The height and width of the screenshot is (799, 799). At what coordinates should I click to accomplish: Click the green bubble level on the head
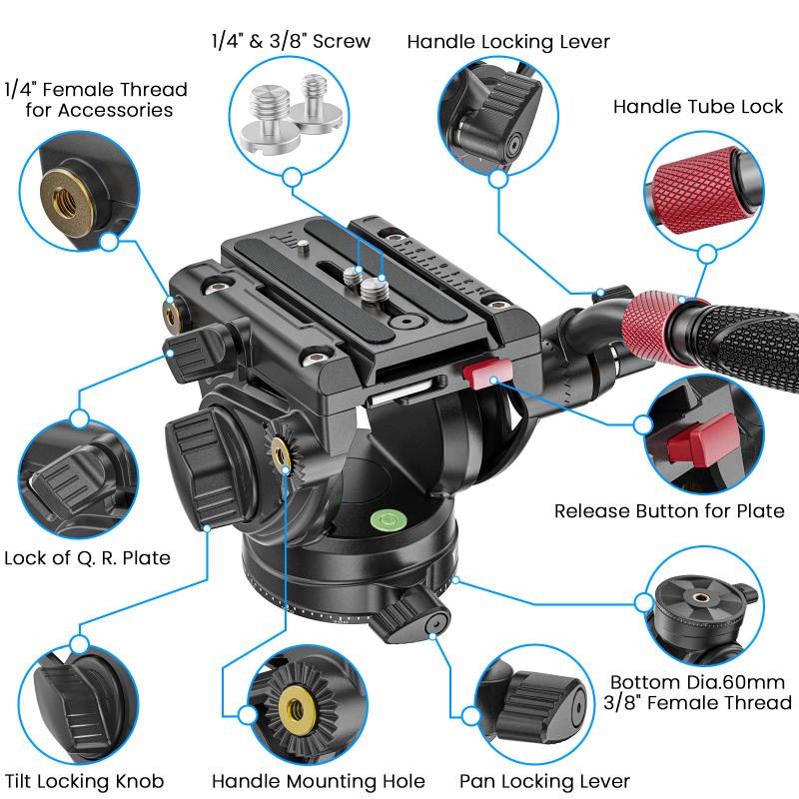click(x=389, y=519)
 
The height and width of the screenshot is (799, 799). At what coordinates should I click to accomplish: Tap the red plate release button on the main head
click(x=487, y=374)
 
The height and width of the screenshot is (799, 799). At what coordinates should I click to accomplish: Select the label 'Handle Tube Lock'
click(x=697, y=107)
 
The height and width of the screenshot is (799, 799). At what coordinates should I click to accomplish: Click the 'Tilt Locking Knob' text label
click(x=85, y=781)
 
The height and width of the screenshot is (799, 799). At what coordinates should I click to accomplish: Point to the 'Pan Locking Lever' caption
click(x=544, y=781)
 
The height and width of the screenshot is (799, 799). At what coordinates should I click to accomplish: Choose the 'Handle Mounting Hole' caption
click(x=318, y=781)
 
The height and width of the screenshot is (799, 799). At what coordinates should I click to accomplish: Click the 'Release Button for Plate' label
click(x=669, y=510)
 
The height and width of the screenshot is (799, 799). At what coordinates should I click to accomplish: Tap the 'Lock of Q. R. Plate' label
click(x=87, y=558)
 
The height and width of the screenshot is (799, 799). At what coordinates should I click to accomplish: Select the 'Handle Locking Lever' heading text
click(x=508, y=42)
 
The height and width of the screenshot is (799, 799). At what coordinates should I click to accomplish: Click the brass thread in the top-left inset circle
click(x=66, y=203)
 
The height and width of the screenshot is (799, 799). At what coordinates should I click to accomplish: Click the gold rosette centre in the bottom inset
click(x=296, y=707)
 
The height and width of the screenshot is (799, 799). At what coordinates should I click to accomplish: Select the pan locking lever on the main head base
click(x=410, y=616)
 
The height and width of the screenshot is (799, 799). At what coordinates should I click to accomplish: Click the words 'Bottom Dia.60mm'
click(x=697, y=682)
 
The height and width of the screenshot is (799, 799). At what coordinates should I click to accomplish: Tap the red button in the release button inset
click(x=704, y=440)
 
